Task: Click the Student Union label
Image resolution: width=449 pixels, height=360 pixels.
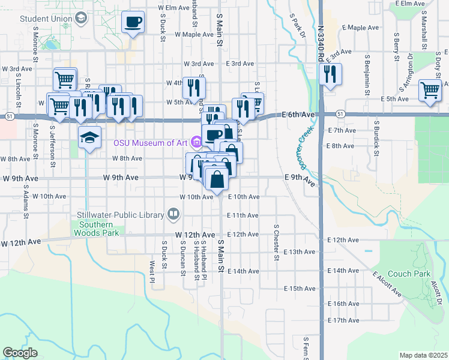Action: click(46, 19)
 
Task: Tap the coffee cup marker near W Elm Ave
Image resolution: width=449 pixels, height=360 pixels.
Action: click(133, 22)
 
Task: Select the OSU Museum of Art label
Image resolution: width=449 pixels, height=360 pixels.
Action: click(151, 142)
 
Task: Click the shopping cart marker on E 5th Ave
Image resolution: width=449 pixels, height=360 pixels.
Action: click(430, 90)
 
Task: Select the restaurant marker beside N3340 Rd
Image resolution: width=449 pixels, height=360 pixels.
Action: click(330, 74)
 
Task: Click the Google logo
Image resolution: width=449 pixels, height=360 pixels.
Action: click(20, 352)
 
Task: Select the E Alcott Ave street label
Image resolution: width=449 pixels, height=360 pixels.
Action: click(387, 284)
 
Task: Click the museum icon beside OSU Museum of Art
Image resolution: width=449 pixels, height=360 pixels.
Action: click(196, 142)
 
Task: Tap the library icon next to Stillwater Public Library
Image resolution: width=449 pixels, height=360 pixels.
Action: click(173, 214)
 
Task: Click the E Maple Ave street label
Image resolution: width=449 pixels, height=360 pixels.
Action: click(360, 28)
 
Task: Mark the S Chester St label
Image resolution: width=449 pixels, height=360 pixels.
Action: click(277, 242)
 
